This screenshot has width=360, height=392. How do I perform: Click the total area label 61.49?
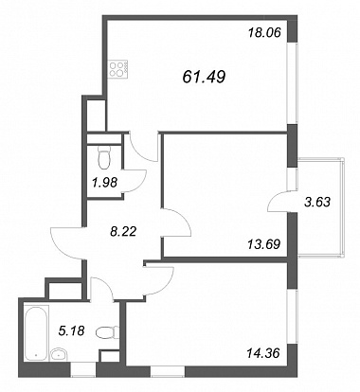tap(204, 77)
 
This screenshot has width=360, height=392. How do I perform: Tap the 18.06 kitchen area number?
tap(264, 32)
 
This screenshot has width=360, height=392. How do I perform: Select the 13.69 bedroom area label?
tap(264, 244)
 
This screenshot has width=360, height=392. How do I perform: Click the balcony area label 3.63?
tap(317, 202)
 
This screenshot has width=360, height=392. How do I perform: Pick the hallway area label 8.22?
tap(123, 232)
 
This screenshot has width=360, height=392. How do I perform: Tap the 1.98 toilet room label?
tap(105, 182)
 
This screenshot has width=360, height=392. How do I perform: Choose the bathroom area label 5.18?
tap(72, 331)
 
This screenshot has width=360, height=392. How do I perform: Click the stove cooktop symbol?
tap(118, 69)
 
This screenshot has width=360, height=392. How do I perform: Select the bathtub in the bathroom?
tap(37, 333)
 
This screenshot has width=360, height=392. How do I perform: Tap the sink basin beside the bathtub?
tap(58, 354)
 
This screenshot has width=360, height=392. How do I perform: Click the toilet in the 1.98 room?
tap(104, 156)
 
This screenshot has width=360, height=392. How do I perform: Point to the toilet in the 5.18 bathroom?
tap(107, 332)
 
